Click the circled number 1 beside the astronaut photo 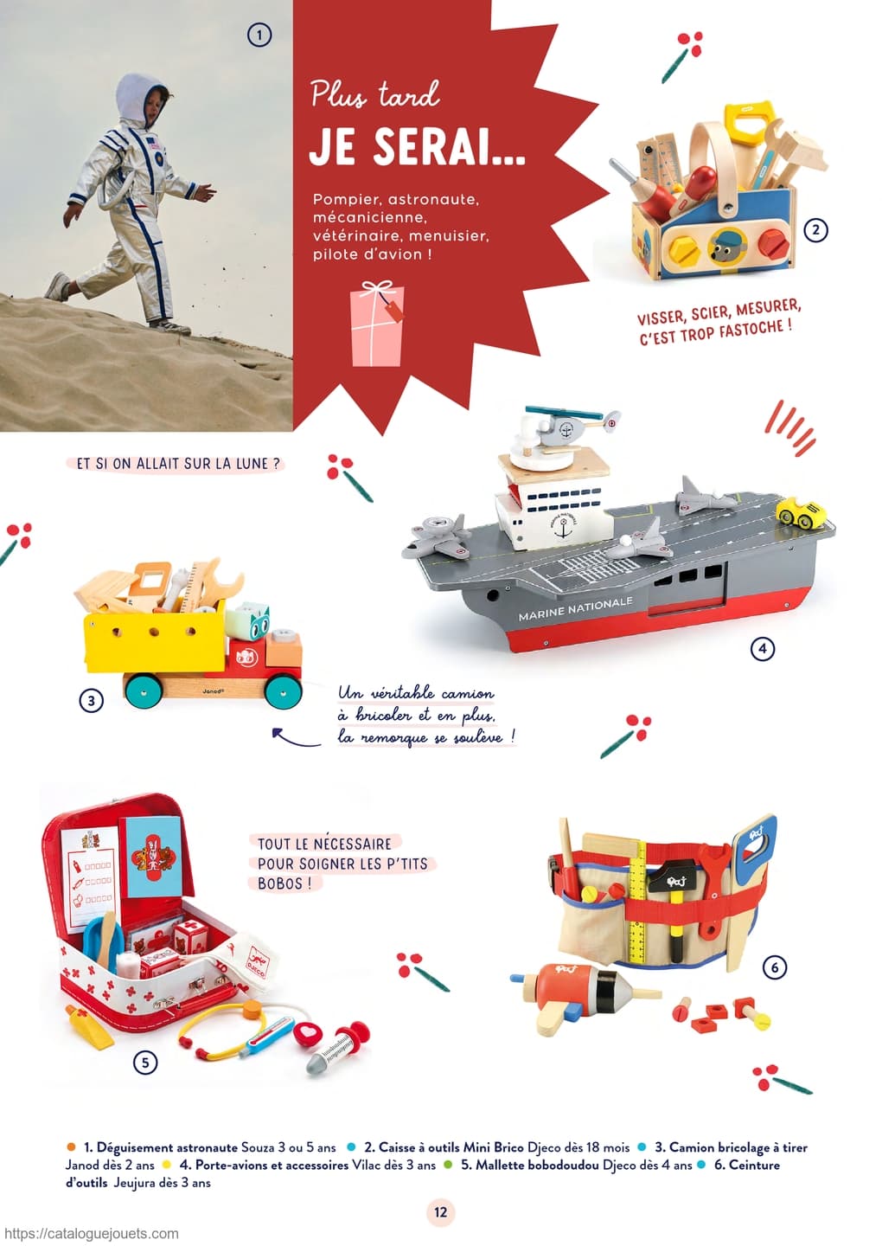pyautogui.click(x=259, y=35)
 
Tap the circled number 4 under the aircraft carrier pyautogui.click(x=762, y=648)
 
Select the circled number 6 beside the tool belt pyautogui.click(x=774, y=967)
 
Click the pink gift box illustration pyautogui.click(x=376, y=324)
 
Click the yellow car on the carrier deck pyautogui.click(x=802, y=515)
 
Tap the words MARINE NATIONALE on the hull pyautogui.click(x=575, y=608)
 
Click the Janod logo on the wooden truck pyautogui.click(x=213, y=692)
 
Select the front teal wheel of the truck pyautogui.click(x=283, y=691)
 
